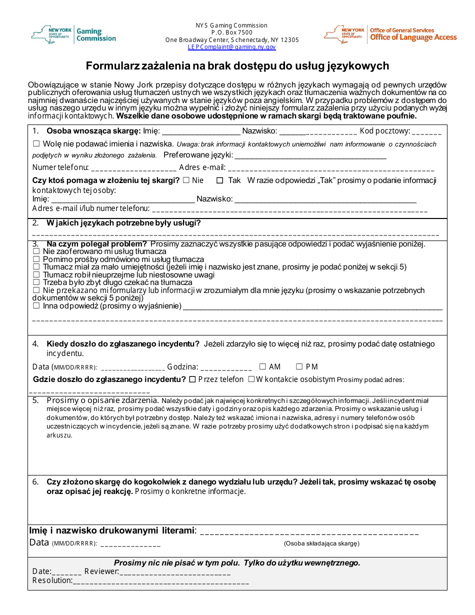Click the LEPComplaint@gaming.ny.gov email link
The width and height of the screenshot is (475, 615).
pyautogui.click(x=231, y=47)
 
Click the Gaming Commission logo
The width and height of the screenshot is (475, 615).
pyautogui.click(x=73, y=35)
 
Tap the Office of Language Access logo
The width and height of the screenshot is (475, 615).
pyautogui.click(x=390, y=34)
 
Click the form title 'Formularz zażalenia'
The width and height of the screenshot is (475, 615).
pyautogui.click(x=237, y=66)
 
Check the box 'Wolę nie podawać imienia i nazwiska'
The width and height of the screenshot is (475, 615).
pyautogui.click(x=36, y=144)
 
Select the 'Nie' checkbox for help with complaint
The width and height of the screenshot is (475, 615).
pyautogui.click(x=186, y=180)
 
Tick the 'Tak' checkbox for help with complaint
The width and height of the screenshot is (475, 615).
pyautogui.click(x=219, y=180)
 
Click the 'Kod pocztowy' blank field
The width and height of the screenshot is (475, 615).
pyautogui.click(x=427, y=132)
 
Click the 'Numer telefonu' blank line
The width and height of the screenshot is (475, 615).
pyautogui.click(x=133, y=168)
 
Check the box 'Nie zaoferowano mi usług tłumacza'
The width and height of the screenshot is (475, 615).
pyautogui.click(x=36, y=251)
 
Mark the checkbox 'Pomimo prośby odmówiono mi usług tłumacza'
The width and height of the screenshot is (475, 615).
pyautogui.click(x=36, y=259)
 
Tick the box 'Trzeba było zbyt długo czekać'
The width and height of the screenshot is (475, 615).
pyautogui.click(x=36, y=282)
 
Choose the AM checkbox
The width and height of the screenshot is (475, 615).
pyautogui.click(x=262, y=367)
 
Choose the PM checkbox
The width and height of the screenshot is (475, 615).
pyautogui.click(x=299, y=367)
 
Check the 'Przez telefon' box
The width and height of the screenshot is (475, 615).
pyautogui.click(x=192, y=379)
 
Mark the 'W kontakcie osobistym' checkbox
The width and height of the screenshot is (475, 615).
pyautogui.click(x=251, y=379)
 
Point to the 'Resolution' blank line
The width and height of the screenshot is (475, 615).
pyautogui.click(x=160, y=581)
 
